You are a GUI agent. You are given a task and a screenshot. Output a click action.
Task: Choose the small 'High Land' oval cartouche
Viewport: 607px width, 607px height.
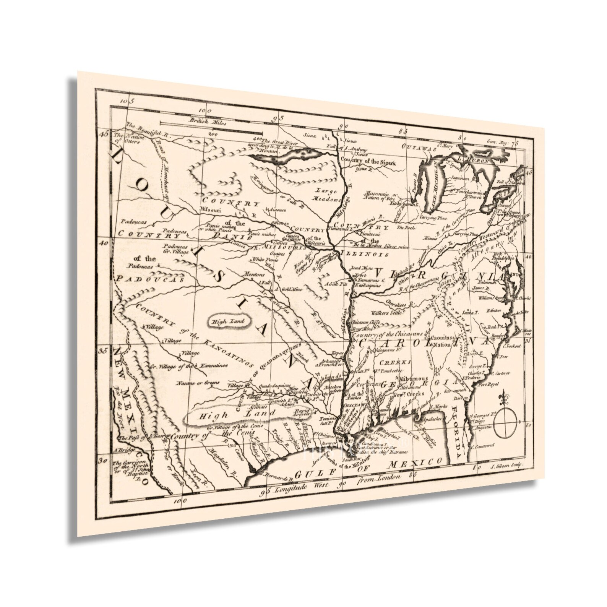(x=228, y=321)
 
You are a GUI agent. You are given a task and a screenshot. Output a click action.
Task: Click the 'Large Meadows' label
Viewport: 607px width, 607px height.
(x=327, y=195)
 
